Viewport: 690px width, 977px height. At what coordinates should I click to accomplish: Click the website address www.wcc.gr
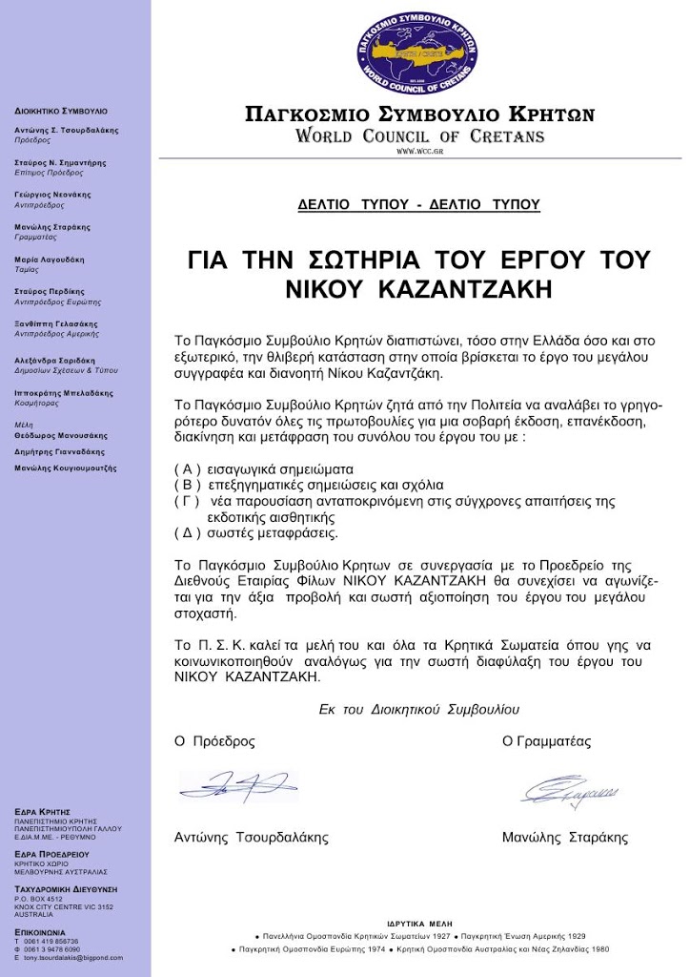419,152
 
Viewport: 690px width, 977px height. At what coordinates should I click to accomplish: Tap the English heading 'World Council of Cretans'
419,135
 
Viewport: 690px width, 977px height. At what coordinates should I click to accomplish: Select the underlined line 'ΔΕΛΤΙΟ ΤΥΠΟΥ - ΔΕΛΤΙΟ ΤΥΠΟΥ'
419,204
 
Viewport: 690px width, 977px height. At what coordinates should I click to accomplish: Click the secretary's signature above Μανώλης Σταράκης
569,791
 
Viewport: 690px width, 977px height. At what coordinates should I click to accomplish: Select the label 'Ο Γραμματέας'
546,741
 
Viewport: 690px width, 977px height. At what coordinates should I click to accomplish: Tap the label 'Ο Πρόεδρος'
214,741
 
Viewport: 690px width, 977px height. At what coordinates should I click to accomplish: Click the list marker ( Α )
188,469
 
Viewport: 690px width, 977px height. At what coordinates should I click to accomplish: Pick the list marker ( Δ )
188,531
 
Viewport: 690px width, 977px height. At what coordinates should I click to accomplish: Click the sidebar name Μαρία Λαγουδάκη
50,260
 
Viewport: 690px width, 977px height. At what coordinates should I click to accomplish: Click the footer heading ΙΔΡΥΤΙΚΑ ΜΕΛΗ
419,925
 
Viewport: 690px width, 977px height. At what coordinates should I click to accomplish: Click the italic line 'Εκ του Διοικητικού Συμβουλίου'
419,710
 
